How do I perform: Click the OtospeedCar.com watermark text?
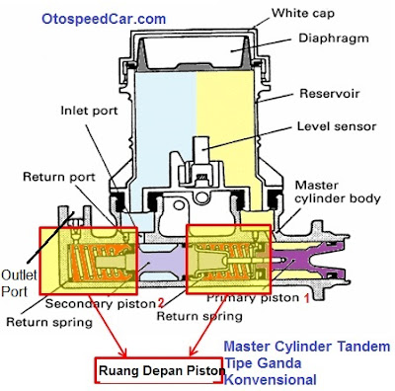pyautogui.click(x=104, y=18)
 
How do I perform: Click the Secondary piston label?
pyautogui.click(x=99, y=302)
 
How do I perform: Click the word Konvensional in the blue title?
pyautogui.click(x=270, y=379)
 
